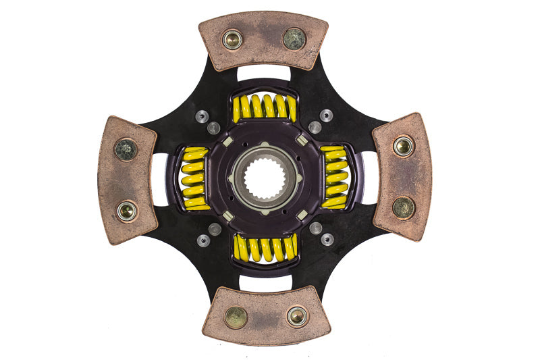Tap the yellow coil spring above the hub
(264, 107)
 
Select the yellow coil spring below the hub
(265, 248)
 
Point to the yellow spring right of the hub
(335, 177)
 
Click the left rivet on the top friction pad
(233, 40)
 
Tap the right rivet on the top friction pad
(294, 38)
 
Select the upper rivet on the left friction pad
(126, 149)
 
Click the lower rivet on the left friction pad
(126, 211)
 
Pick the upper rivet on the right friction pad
(404, 146)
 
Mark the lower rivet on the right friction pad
(404, 207)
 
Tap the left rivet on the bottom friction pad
(236, 317)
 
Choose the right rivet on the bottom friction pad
(296, 315)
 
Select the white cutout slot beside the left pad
(161, 179)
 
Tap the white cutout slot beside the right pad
(369, 177)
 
